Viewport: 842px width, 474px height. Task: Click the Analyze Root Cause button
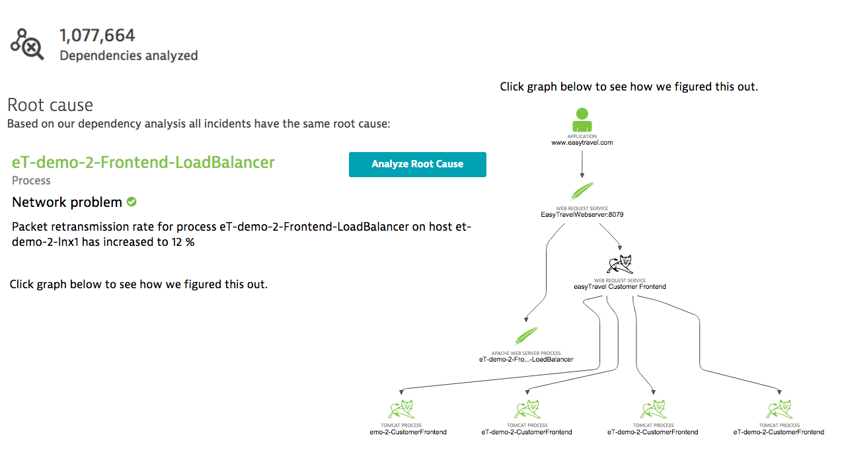[417, 165]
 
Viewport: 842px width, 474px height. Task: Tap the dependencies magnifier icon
[27, 44]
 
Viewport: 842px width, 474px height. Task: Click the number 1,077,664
[97, 35]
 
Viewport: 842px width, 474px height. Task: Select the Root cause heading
[50, 105]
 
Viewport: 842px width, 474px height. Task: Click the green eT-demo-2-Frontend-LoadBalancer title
[143, 163]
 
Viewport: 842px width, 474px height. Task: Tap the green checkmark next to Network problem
[132, 202]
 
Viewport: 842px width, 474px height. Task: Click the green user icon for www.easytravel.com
[582, 120]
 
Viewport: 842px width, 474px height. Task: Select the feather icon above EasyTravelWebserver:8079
[582, 191]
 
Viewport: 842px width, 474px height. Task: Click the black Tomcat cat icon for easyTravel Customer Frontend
[619, 264]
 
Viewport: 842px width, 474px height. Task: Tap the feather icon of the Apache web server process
[525, 336]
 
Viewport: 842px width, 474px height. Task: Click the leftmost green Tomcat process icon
[401, 409]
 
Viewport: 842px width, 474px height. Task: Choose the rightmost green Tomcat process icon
[779, 409]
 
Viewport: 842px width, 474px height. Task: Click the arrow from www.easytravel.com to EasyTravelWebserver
[582, 163]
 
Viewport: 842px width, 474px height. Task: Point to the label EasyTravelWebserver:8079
[582, 215]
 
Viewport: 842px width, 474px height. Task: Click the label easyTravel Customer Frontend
[619, 287]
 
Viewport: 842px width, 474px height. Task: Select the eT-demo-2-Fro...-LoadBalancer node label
[525, 360]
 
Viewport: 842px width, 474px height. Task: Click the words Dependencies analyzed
[129, 56]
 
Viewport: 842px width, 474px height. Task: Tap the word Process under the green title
[31, 180]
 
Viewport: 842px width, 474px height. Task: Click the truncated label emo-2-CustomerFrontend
[408, 432]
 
